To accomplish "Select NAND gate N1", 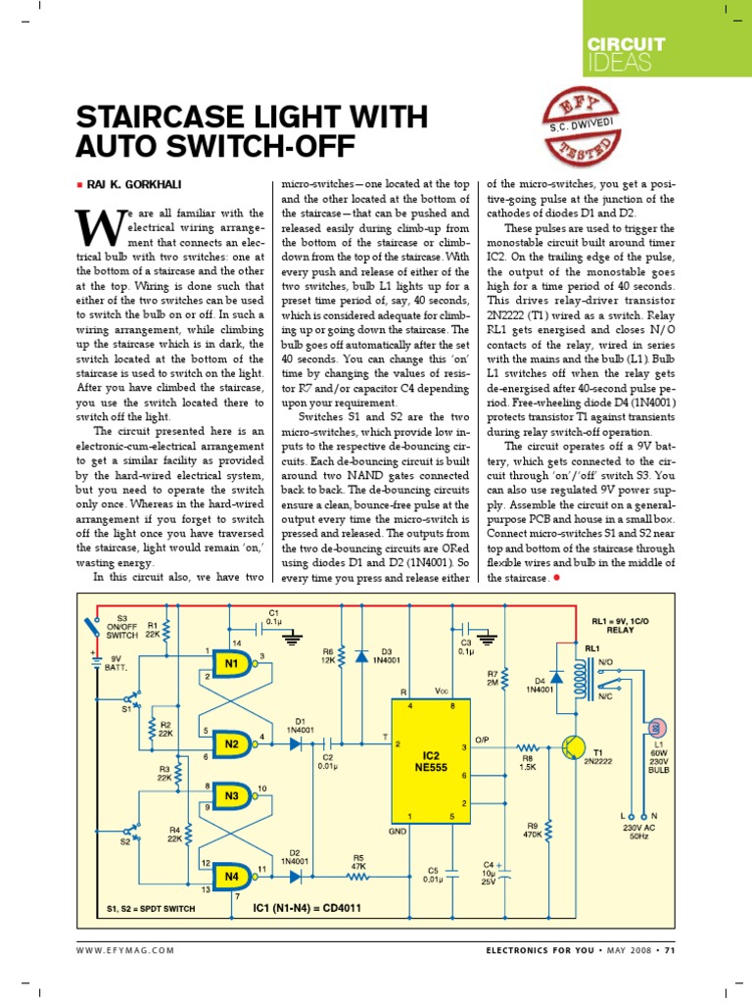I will click(233, 664).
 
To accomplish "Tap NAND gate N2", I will click(233, 743).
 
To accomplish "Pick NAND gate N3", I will click(233, 796).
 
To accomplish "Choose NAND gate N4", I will click(233, 875).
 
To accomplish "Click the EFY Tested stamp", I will click(583, 128).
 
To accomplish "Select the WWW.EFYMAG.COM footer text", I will click(125, 950).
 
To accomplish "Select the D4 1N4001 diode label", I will click(538, 684).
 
